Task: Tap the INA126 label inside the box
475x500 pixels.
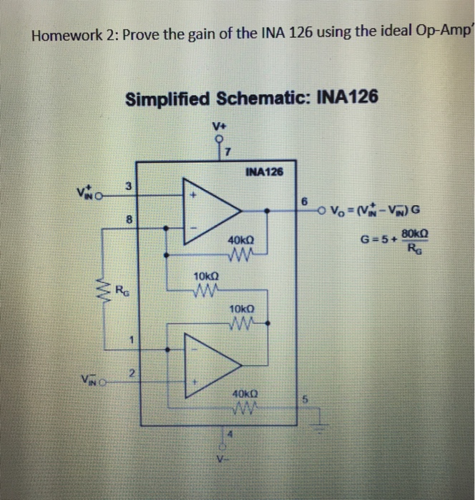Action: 264,171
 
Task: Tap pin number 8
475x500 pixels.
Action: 128,221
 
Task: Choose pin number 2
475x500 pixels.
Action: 131,371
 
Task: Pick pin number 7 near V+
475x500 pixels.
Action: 226,151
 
